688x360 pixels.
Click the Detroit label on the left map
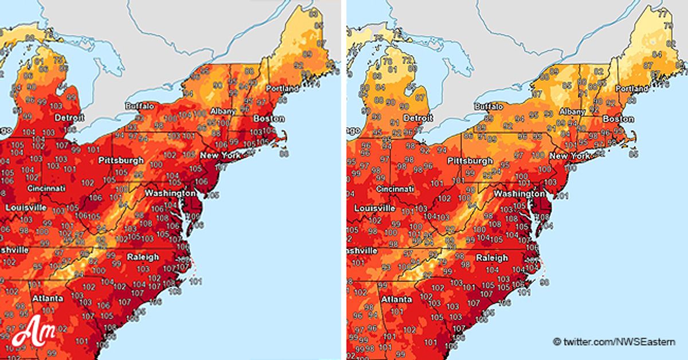click(x=69, y=118)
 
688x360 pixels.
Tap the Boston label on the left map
click(x=269, y=119)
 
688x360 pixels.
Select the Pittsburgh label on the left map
click(x=120, y=160)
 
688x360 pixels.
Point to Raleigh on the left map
click(x=143, y=257)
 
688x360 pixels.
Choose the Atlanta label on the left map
click(x=48, y=299)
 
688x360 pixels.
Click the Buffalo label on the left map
click(x=140, y=106)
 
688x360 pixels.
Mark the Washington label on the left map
click(x=167, y=193)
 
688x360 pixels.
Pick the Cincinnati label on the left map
click(x=46, y=188)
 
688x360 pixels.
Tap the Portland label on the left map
click(x=282, y=89)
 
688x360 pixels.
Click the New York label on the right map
click(x=570, y=156)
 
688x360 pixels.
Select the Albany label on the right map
click(x=573, y=112)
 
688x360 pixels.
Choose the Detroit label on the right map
click(x=417, y=118)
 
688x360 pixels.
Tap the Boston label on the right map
click(x=618, y=119)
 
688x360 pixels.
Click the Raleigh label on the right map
click(x=492, y=258)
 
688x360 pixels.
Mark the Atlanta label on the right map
click(x=396, y=299)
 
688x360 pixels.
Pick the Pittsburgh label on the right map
click(x=470, y=161)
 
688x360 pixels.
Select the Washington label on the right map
click(x=516, y=194)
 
